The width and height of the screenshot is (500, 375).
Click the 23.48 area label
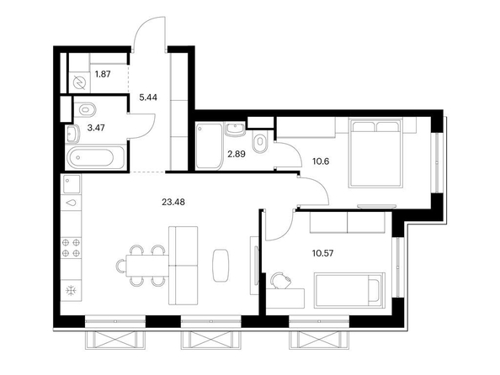tap(173, 202)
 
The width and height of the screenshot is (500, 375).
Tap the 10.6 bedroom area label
tap(321, 161)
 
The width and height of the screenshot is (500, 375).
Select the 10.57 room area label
tap(322, 254)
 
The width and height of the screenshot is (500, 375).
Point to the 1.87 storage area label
tap(103, 74)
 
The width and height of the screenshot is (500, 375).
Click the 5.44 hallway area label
tap(148, 98)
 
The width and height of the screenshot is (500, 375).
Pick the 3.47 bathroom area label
tap(96, 128)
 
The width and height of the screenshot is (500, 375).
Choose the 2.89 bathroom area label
tap(237, 154)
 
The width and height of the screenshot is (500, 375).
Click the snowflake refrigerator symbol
tap(71, 291)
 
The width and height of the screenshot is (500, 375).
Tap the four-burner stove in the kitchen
tap(71, 248)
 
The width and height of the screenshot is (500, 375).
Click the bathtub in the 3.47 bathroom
tap(95, 157)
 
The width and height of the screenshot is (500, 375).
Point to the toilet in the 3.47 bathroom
tap(85, 110)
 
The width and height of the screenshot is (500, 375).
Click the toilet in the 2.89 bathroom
tap(259, 142)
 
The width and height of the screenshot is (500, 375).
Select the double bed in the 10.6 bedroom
tap(375, 153)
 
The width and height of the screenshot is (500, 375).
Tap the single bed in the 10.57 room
tap(349, 290)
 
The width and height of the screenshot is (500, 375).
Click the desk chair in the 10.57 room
tap(280, 281)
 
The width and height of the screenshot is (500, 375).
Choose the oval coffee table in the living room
tap(221, 266)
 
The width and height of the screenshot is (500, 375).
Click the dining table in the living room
tap(147, 266)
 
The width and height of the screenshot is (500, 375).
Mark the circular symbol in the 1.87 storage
tap(79, 83)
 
